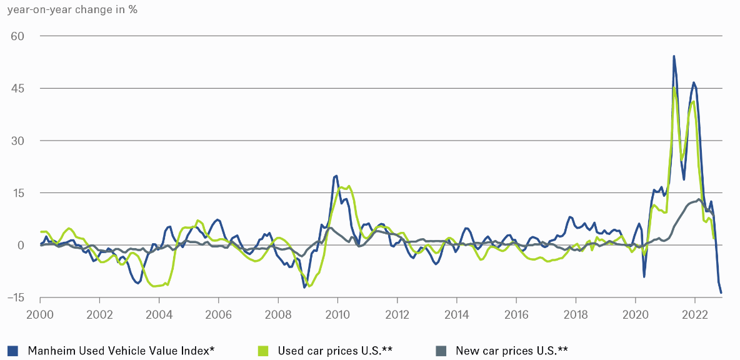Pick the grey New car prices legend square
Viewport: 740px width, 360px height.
tap(440, 350)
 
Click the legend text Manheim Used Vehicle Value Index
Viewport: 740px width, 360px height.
tap(121, 350)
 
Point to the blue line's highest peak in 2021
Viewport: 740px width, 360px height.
tap(674, 56)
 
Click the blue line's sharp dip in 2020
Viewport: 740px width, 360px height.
tap(644, 276)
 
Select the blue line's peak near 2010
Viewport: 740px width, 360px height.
tap(336, 176)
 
